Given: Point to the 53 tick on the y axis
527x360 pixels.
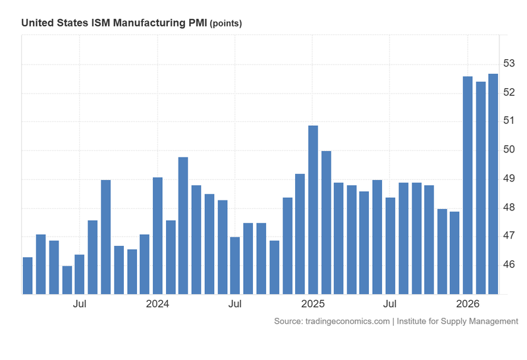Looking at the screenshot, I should tap(509, 63).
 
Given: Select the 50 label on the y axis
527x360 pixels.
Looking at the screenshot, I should tap(509, 150).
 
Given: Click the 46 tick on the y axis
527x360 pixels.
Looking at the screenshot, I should tap(509, 264).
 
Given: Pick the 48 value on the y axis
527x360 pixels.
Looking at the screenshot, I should tap(509, 207).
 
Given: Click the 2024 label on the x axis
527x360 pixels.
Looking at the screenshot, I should tap(157, 304).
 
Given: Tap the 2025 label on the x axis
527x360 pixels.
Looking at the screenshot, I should tap(313, 304).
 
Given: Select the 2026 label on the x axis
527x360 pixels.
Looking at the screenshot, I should tap(468, 304).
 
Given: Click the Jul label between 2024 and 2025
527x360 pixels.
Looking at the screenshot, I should tap(235, 304).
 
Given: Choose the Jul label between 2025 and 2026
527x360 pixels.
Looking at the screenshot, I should tap(390, 304).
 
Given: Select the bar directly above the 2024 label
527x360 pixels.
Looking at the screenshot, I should tap(157, 235).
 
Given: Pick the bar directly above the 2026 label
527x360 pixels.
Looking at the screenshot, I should tap(468, 185).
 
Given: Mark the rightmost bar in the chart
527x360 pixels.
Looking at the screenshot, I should tap(493, 184).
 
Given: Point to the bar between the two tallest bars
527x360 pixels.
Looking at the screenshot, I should tap(480, 188).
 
